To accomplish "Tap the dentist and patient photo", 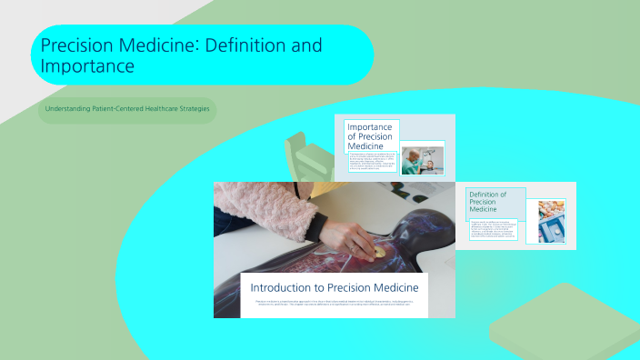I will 422,157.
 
